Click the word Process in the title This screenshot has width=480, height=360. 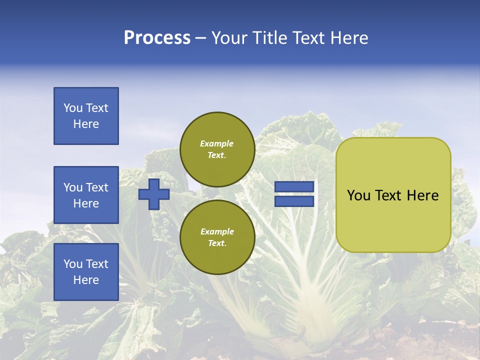pos(157,38)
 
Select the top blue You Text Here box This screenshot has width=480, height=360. pos(86,116)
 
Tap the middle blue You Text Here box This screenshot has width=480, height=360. pos(86,195)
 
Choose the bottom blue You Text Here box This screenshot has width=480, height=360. pos(86,271)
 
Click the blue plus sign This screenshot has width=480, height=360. pos(154,194)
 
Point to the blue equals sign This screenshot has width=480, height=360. pos(294,194)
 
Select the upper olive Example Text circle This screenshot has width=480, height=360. pos(217,149)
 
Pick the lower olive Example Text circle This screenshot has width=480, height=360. pos(217,237)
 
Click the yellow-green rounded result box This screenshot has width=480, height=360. pos(393,195)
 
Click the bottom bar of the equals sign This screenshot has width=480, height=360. pos(294,201)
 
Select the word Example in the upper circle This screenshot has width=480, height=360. pos(217,143)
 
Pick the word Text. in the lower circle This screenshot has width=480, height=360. pos(217,243)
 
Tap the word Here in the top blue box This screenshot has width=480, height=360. pos(86,124)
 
